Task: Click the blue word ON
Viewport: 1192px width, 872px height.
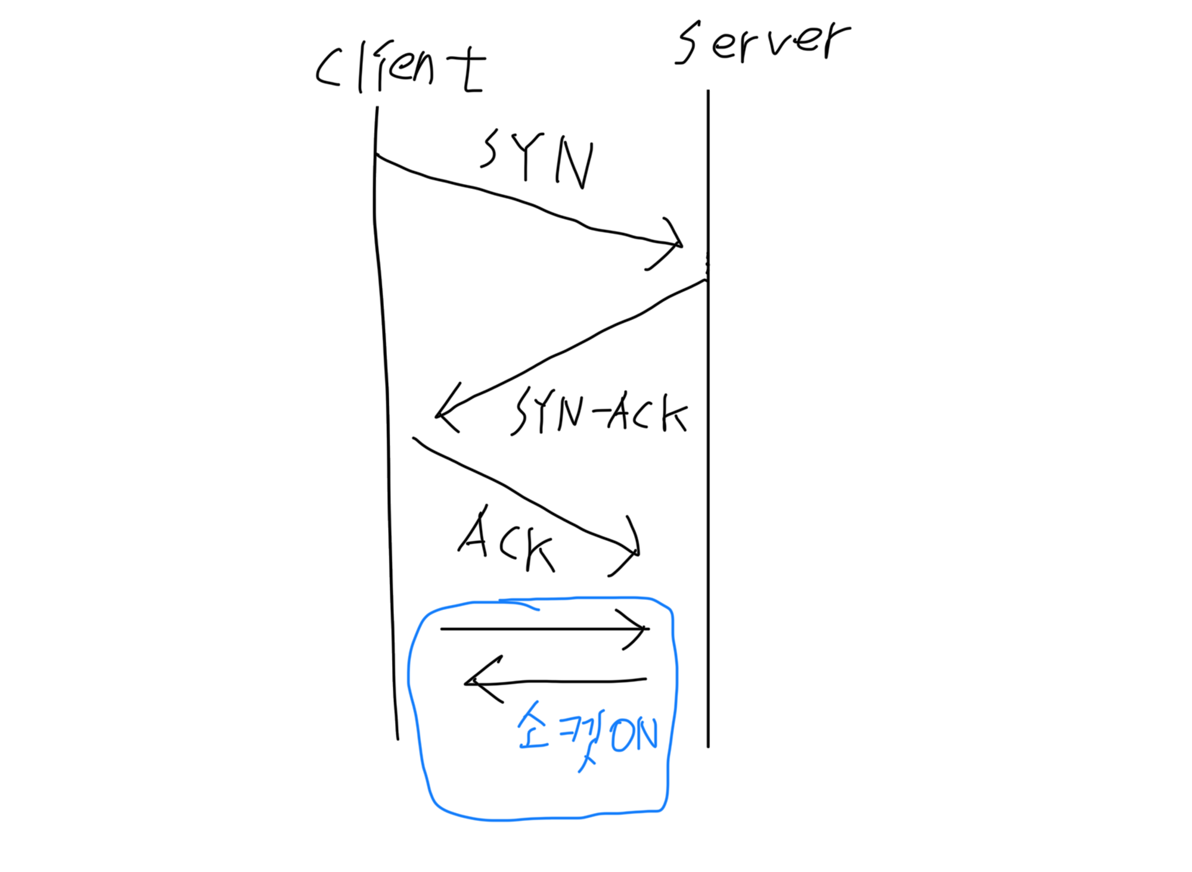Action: (x=635, y=734)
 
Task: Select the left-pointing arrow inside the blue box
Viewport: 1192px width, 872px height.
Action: (x=554, y=680)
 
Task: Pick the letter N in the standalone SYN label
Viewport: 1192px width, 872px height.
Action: (x=575, y=164)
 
